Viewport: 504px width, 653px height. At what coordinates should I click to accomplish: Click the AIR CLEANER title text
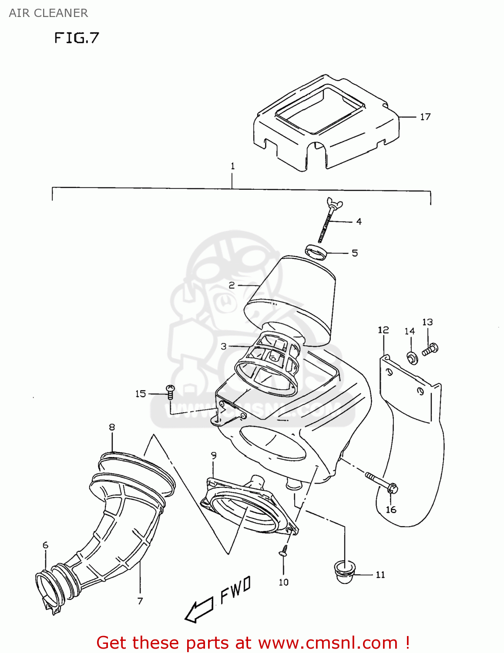point(48,13)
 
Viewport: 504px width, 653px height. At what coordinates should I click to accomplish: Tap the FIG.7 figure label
point(77,38)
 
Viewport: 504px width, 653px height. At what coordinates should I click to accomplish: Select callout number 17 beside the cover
point(425,117)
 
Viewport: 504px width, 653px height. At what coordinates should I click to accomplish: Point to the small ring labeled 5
point(316,252)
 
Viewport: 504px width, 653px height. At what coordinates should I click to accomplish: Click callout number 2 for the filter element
point(232,285)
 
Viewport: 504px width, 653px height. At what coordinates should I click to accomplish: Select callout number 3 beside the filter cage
point(223,347)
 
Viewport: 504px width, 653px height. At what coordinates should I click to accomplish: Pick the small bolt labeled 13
point(430,349)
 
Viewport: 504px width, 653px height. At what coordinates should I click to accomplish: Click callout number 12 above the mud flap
point(383,330)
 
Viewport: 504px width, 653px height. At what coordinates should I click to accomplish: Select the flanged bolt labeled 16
point(383,483)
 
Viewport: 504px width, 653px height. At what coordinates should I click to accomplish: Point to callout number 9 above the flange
point(213,456)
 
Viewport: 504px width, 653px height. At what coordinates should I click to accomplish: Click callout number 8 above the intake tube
point(112,427)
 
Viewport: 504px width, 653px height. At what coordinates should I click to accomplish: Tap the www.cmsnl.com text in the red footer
point(328,643)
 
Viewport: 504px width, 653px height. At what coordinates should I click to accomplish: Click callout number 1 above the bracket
point(232,166)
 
